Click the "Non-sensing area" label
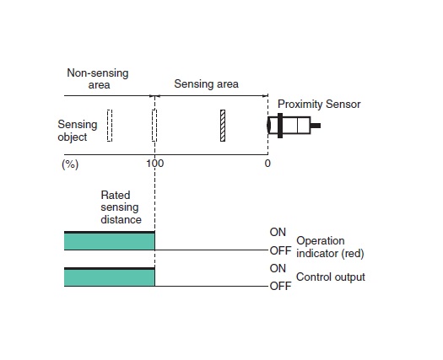[98, 78]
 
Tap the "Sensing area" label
[206, 83]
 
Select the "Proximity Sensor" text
[319, 105]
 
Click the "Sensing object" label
[78, 131]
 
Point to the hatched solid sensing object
[223, 126]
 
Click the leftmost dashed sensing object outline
[110, 126]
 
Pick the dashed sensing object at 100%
[154, 125]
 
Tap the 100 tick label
[154, 164]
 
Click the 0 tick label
[267, 164]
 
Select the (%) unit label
[70, 164]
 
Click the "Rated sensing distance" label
[121, 207]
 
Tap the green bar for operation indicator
[110, 241]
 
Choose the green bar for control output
[110, 277]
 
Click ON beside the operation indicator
[278, 233]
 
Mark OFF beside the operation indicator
[280, 250]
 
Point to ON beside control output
[278, 268]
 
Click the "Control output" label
[331, 277]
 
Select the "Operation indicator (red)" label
[330, 247]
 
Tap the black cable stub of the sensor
[316, 126]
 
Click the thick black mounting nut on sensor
[280, 126]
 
